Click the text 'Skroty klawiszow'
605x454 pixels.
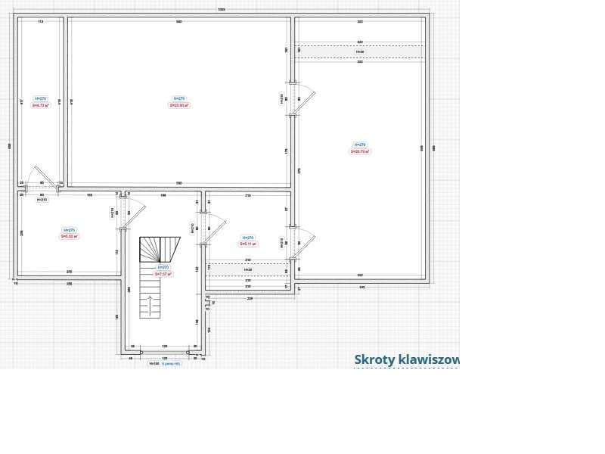(406, 360)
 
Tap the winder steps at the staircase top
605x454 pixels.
(160, 249)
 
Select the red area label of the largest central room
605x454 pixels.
(179, 105)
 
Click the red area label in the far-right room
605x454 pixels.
(360, 151)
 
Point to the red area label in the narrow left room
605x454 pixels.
(41, 105)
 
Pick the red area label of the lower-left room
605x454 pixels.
(70, 236)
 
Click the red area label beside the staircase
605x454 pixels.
(163, 274)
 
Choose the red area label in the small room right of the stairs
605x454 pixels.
(248, 244)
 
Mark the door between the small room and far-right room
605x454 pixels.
(302, 242)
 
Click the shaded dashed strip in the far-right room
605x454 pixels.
(360, 51)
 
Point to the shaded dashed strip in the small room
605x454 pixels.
(248, 269)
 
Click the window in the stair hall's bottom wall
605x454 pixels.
(164, 352)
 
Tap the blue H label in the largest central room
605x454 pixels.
(179, 98)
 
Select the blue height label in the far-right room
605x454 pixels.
(360, 145)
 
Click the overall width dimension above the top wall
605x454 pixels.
(222, 10)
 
